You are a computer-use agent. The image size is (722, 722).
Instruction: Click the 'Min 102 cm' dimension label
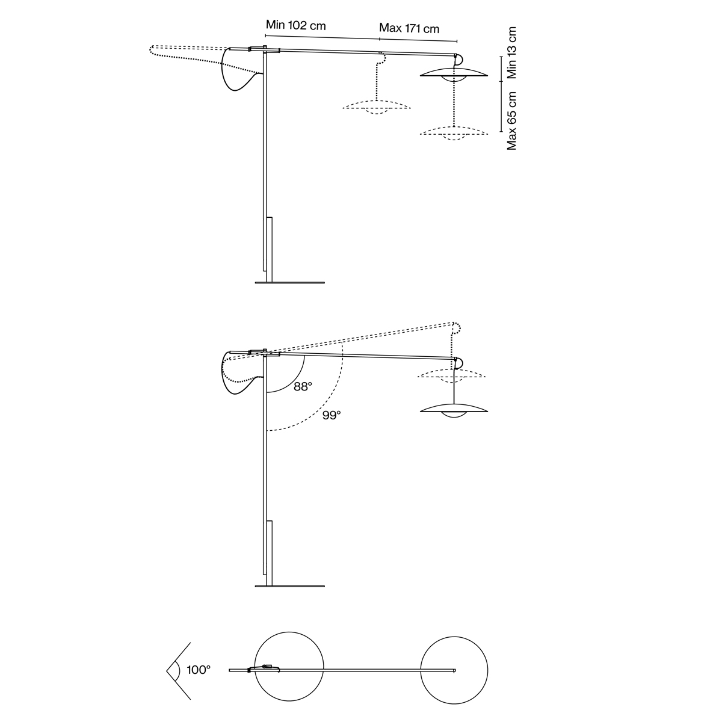pyautogui.click(x=295, y=25)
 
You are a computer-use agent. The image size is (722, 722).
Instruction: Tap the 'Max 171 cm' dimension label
pyautogui.click(x=409, y=28)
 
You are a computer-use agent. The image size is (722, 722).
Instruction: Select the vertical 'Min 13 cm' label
pyautogui.click(x=511, y=52)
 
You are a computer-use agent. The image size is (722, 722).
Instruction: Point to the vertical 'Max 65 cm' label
pyautogui.click(x=511, y=121)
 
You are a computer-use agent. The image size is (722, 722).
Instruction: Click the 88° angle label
pyautogui.click(x=303, y=387)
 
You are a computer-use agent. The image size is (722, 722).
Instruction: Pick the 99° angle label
pyautogui.click(x=332, y=415)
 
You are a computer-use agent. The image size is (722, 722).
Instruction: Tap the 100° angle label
pyautogui.click(x=199, y=670)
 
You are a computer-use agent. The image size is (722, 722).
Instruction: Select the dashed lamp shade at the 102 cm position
pyautogui.click(x=377, y=106)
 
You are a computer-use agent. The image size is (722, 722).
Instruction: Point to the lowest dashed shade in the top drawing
pyautogui.click(x=454, y=132)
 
